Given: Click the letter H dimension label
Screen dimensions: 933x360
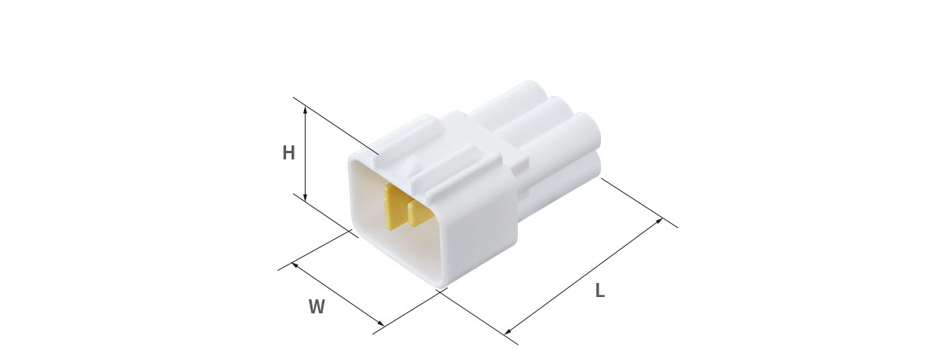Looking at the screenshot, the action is coord(288,153).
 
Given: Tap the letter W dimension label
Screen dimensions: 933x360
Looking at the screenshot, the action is coord(316,306).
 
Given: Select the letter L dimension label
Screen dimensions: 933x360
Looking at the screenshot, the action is coord(599,290).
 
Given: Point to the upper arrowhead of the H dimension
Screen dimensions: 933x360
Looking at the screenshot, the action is coord(306,109).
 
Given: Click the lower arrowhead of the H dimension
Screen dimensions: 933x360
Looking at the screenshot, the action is coord(306,197).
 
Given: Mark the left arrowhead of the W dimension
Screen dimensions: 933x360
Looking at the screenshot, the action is coord(295,264).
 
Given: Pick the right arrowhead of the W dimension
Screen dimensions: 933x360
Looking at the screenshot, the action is coord(381,323).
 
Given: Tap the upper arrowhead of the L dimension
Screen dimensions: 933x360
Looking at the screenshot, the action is coord(659,220).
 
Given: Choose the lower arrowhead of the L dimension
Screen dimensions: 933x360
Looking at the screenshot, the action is coord(507,332).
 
